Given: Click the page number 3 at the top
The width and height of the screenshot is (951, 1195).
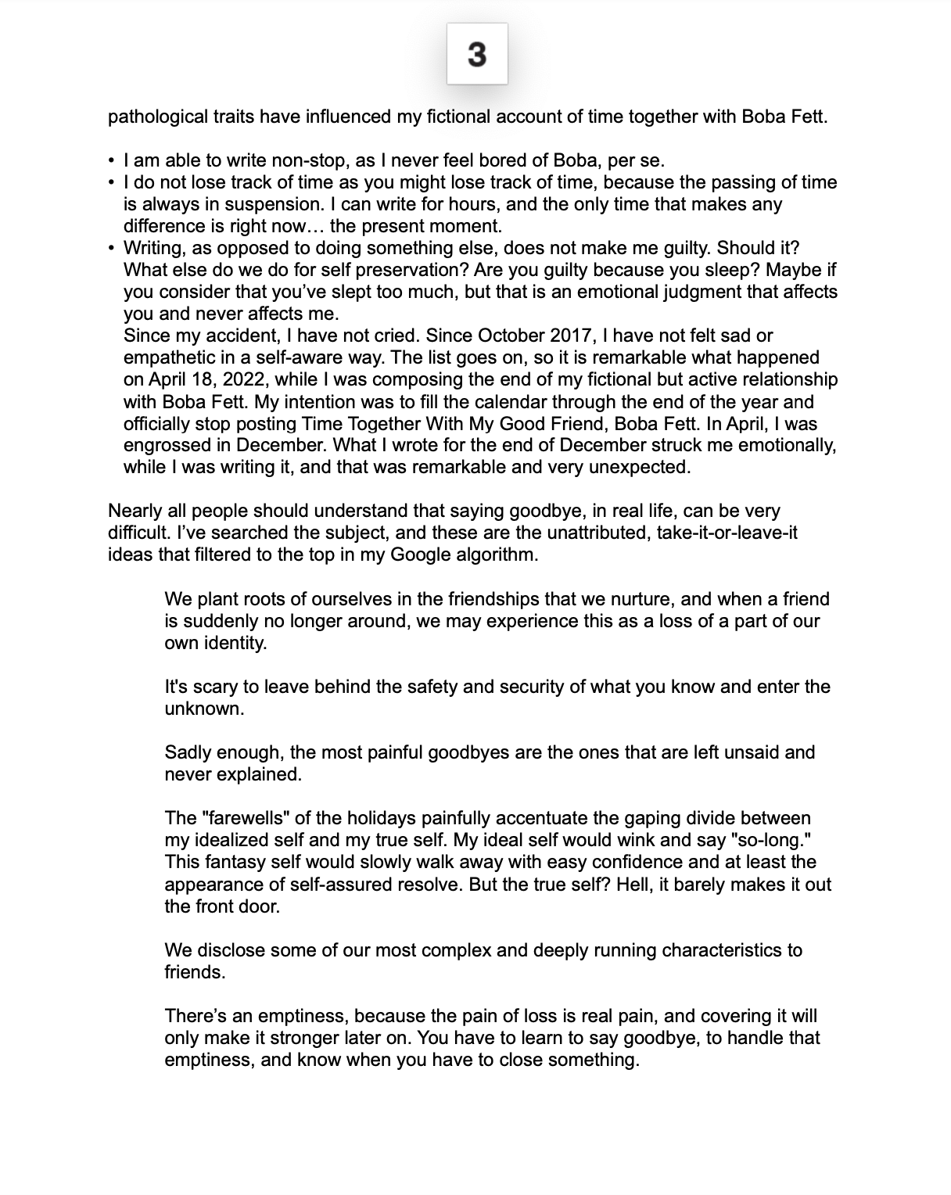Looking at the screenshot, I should [477, 54].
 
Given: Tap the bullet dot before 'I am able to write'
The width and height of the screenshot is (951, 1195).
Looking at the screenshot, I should [112, 161].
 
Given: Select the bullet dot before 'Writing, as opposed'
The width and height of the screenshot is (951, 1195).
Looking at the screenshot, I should [112, 249].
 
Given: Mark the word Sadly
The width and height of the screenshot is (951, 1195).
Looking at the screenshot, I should [188, 753].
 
